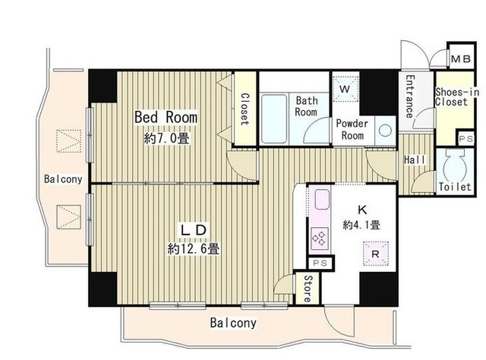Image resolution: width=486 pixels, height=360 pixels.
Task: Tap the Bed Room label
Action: point(166,117)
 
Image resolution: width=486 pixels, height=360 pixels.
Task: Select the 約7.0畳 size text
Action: point(166,138)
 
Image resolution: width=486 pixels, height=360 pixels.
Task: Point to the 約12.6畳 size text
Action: point(194,248)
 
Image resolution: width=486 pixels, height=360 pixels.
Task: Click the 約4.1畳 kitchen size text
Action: point(361,225)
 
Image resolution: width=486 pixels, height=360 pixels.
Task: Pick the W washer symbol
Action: point(345,89)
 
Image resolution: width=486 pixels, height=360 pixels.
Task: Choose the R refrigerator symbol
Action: point(375,254)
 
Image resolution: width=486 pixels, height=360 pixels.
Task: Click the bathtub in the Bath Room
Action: point(274,118)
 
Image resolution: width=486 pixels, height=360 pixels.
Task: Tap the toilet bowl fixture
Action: point(455,165)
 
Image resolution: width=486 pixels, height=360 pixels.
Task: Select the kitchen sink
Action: point(322,200)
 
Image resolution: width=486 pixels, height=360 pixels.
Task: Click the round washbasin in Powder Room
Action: point(385,130)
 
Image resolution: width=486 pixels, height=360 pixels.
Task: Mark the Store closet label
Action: point(308,289)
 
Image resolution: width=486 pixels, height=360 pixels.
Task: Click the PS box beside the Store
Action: point(321,263)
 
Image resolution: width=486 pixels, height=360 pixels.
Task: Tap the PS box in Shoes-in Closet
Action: point(465,138)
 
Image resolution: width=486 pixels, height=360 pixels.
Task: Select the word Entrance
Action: point(410,96)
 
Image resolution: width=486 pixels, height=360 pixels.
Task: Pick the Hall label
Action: point(415,159)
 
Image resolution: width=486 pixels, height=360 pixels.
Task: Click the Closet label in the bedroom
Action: point(245,109)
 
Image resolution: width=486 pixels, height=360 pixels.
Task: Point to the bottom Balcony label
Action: point(233,323)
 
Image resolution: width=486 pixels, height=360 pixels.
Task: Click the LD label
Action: point(193,230)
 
